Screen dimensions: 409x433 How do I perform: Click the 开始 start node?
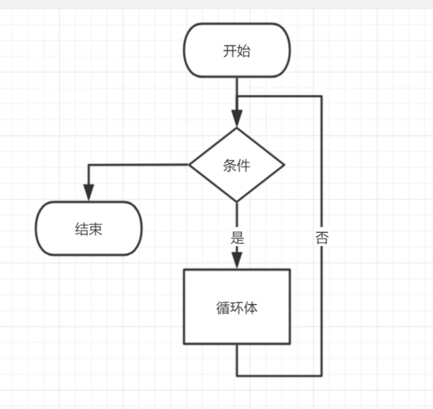236,50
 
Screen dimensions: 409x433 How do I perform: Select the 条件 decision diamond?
236,165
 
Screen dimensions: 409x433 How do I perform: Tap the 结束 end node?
89,229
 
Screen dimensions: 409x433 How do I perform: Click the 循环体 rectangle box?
236,307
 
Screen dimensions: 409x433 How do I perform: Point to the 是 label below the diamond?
236,235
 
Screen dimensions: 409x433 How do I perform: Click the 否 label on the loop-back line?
322,236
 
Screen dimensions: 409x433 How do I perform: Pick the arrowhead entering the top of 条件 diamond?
236,120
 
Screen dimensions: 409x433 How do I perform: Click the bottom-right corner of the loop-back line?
322,376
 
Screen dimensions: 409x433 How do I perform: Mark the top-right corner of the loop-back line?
322,96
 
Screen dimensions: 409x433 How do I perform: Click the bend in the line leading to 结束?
89,165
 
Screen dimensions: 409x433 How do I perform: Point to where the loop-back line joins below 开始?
236,96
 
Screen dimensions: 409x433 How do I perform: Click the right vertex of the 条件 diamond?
284,165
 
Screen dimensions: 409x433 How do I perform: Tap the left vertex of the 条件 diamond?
189,165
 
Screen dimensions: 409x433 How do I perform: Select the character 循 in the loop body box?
222,307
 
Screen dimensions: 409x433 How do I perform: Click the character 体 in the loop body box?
250,307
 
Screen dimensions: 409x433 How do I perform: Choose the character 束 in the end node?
95,229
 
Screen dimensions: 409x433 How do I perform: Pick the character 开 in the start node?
229,50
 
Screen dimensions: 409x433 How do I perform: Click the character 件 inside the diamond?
243,165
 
